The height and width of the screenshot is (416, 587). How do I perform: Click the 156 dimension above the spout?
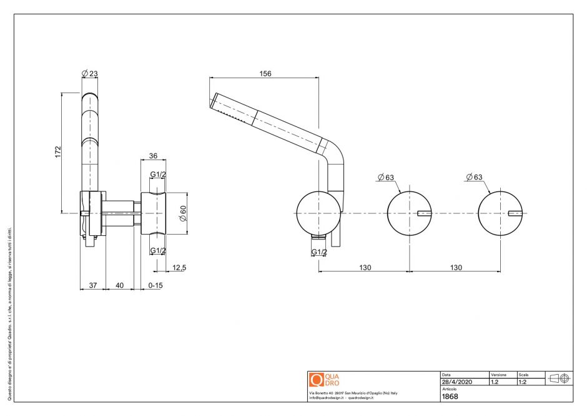point(265,74)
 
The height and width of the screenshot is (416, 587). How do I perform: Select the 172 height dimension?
point(57,152)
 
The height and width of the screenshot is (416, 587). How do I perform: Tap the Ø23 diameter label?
point(90,74)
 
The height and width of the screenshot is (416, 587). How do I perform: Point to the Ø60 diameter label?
point(184,213)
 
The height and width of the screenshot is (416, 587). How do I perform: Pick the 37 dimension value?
point(92,285)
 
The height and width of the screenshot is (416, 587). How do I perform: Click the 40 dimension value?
point(119,285)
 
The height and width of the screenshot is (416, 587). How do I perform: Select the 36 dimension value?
point(154,156)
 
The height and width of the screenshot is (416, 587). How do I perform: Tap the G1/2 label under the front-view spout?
point(319,252)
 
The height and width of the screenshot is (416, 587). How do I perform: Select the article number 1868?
point(450,396)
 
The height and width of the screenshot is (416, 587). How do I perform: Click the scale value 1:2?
point(523,381)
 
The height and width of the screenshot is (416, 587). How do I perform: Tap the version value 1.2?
point(495,381)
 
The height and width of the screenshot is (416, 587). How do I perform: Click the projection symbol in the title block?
point(559,378)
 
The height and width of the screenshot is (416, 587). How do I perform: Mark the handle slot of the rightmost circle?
point(515,213)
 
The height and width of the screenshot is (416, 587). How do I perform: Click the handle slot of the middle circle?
point(425,213)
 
